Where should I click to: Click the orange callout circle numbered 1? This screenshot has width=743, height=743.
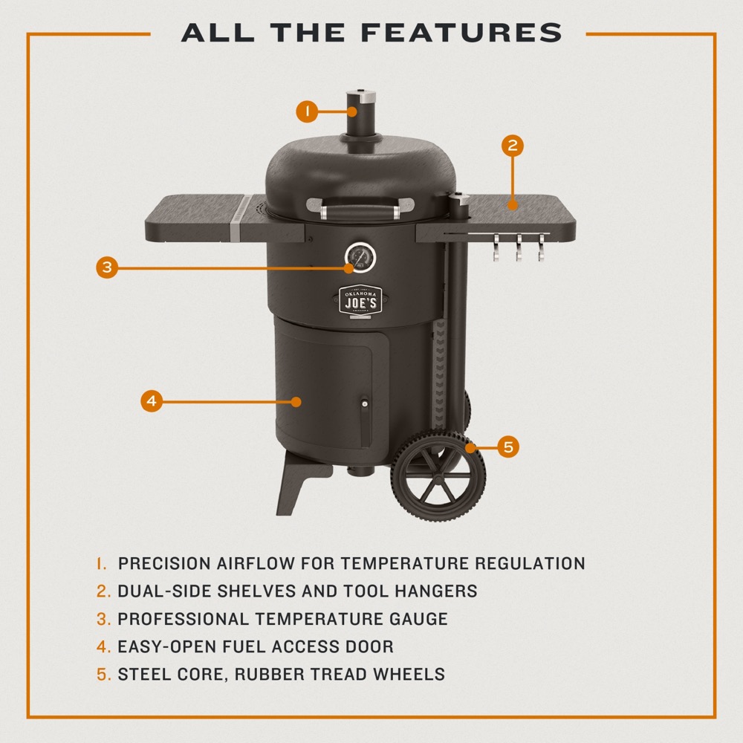point(305,112)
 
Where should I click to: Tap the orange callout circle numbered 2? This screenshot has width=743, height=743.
point(512,145)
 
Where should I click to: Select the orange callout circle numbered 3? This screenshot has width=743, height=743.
point(107,267)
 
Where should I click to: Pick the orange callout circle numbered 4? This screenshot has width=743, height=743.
point(152,401)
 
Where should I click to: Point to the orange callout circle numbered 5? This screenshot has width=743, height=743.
point(508,447)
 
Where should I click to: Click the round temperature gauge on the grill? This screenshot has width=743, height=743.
point(360,258)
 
